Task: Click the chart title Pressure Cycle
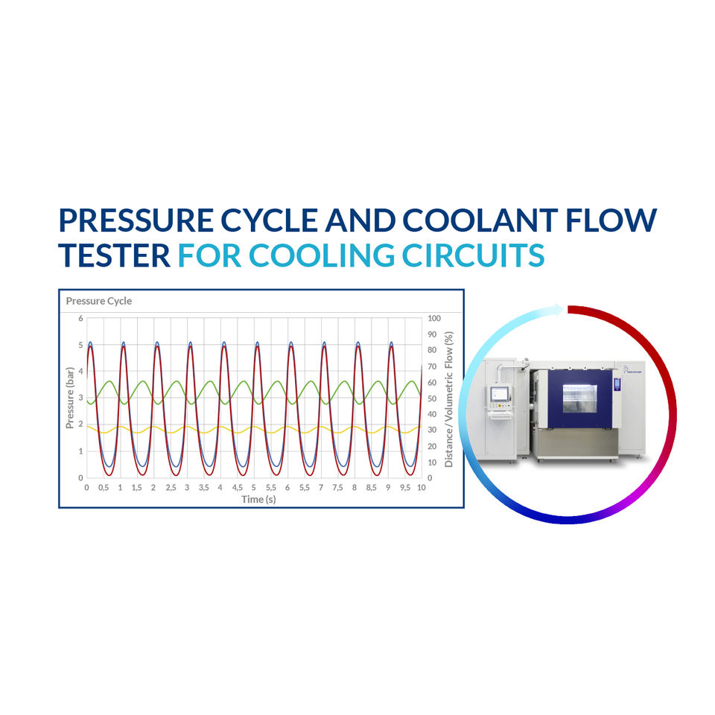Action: coord(99,302)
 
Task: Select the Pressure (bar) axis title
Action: coord(70,398)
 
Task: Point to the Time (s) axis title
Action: coord(258,499)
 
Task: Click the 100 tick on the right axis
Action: coord(434,319)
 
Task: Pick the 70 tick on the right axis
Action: coord(432,366)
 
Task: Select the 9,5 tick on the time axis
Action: coord(404,488)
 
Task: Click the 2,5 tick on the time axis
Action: coord(171,488)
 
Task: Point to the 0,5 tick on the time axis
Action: coord(104,488)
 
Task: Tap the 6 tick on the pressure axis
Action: coord(80,319)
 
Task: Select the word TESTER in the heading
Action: coord(115,255)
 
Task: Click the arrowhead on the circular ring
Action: coord(556,308)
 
